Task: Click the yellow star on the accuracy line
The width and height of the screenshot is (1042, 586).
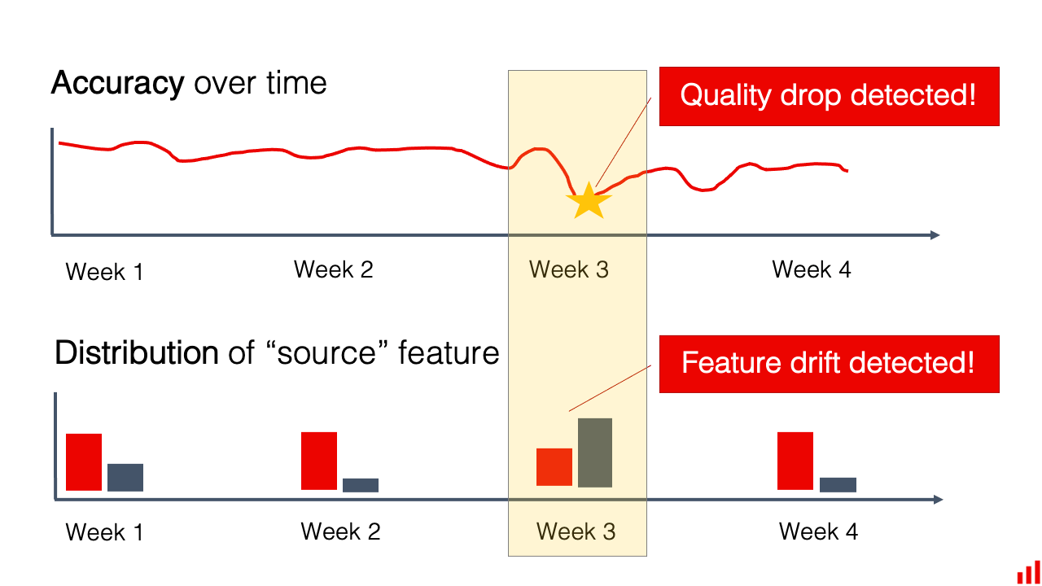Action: pos(588,203)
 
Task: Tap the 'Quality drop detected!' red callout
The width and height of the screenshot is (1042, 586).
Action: pos(829,96)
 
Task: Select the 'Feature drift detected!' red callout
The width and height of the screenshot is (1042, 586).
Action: pos(829,363)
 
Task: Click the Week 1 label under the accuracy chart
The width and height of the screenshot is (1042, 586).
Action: pos(104,272)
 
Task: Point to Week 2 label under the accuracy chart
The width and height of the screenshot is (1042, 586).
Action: pos(333,269)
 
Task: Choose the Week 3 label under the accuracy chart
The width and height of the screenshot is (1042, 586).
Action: pos(568,269)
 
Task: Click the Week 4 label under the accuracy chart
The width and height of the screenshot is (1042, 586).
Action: pos(811,269)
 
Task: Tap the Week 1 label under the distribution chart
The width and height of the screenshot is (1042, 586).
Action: pos(104,532)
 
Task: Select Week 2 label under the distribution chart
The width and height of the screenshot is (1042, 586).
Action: pos(340,531)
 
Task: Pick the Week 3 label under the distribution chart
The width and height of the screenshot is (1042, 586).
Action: pos(576,531)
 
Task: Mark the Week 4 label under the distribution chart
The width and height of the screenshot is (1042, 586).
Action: pos(818,531)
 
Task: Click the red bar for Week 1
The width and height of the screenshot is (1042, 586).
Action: pos(84,461)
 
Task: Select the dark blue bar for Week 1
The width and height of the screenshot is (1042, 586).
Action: pos(125,477)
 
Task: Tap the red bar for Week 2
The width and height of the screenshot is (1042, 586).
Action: pos(319,461)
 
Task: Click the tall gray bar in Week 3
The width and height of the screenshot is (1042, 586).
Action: pos(595,453)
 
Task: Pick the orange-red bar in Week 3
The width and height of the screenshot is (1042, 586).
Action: pos(554,467)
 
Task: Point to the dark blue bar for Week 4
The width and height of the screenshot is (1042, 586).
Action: pos(838,484)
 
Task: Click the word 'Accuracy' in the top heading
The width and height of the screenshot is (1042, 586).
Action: pos(117,83)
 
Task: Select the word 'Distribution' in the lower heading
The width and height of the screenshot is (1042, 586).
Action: pos(136,353)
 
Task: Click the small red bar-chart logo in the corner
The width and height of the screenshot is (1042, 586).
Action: pos(1029,572)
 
